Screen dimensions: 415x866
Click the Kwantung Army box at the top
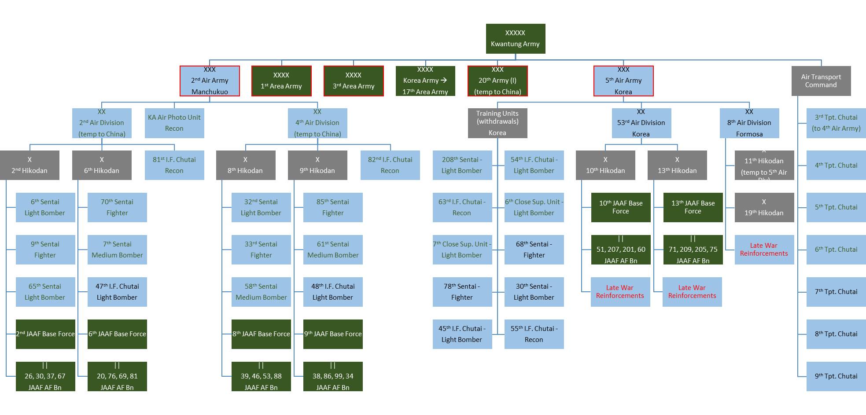pos(515,39)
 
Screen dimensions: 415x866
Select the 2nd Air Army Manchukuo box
pos(210,81)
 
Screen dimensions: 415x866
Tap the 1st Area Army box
pos(281,81)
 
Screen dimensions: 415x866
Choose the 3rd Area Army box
pos(354,81)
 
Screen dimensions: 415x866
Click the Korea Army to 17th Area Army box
pos(425,81)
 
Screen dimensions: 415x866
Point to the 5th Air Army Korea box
pos(623,81)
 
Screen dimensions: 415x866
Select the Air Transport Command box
pos(821,81)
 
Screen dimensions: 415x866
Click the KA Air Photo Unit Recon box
pos(174,123)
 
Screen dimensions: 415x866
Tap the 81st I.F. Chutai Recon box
pos(174,165)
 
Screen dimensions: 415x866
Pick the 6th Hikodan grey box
pos(102,165)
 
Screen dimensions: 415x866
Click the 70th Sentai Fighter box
pos(117,207)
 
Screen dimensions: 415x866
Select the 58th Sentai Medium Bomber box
pos(261,292)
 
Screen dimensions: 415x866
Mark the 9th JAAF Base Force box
pos(333,334)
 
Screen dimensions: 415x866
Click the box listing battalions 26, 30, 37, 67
pos(45,376)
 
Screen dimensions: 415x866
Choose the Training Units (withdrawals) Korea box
pos(497,123)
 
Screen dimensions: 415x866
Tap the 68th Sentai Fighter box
pos(534,250)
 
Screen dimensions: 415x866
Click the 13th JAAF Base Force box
pos(693,207)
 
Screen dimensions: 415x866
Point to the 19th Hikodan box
pos(764,207)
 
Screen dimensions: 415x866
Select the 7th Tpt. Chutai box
pos(836,292)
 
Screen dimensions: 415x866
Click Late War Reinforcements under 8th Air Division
pos(764,250)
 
